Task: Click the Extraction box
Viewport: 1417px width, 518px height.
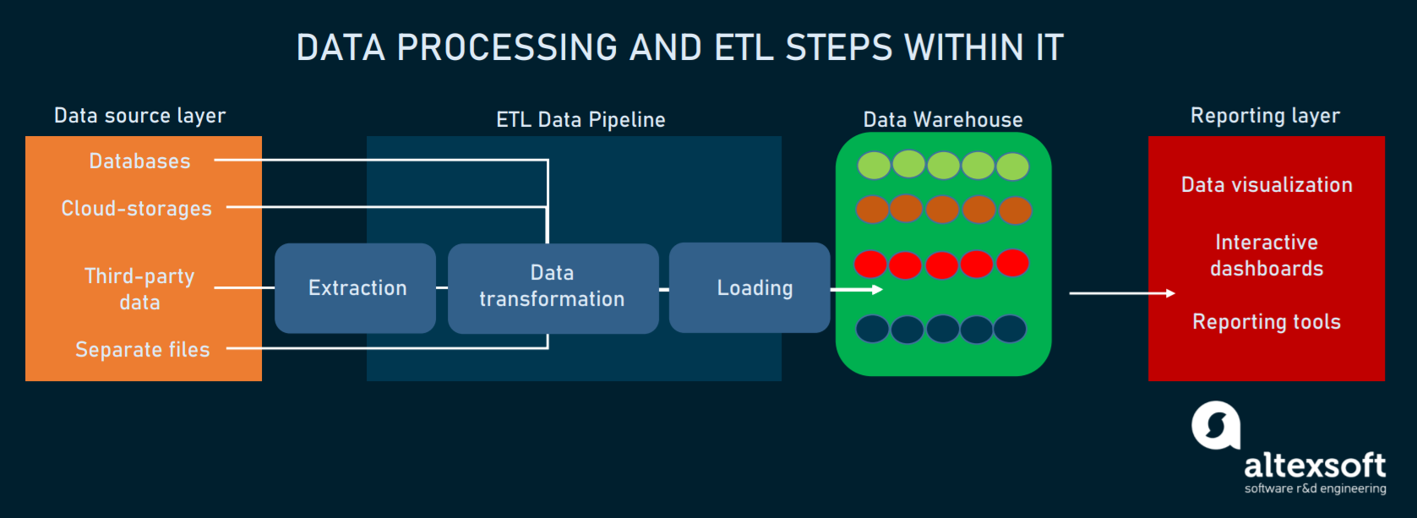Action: coord(356,288)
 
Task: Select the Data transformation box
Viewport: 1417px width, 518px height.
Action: coord(553,287)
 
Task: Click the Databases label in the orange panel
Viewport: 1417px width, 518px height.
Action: coord(140,161)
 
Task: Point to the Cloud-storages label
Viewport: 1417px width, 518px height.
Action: coord(137,209)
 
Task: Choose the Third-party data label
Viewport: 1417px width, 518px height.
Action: coord(139,289)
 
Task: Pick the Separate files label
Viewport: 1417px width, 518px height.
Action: coord(143,350)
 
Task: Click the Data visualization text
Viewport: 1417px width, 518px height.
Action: coord(1267,185)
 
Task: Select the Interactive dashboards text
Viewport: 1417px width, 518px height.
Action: coord(1267,255)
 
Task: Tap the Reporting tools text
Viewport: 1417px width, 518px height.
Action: coord(1267,322)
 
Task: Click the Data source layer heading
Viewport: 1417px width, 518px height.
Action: coord(140,116)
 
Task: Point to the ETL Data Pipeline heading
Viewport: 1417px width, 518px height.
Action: coord(580,120)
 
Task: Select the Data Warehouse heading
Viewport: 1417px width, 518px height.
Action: coord(943,120)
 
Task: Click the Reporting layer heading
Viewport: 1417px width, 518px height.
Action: coord(1265,116)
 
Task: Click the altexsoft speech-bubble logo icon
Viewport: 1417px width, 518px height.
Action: coord(1215,425)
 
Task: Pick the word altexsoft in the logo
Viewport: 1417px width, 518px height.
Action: coord(1315,465)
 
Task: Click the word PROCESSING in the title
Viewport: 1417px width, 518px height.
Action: coord(507,48)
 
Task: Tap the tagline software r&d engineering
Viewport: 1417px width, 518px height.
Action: coord(1315,488)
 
